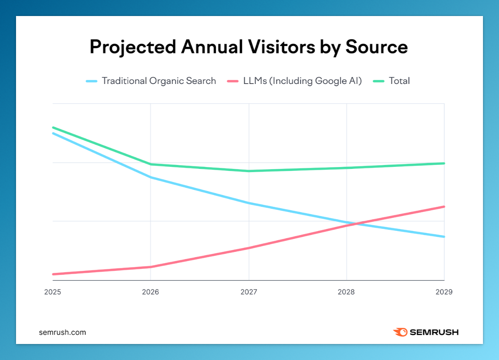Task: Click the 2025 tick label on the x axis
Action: pyautogui.click(x=53, y=292)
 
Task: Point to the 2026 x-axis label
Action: pyautogui.click(x=151, y=292)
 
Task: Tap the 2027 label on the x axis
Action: pyautogui.click(x=249, y=292)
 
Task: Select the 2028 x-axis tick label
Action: pyautogui.click(x=346, y=292)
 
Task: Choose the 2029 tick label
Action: pyautogui.click(x=444, y=292)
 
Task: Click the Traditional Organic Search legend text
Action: pyautogui.click(x=159, y=81)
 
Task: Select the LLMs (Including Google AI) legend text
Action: pyautogui.click(x=302, y=81)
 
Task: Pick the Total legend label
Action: pyautogui.click(x=399, y=81)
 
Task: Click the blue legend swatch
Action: pyautogui.click(x=91, y=81)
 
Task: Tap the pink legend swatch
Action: pyautogui.click(x=232, y=81)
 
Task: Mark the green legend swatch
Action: pyautogui.click(x=378, y=81)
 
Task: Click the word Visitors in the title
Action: pyautogui.click(x=281, y=47)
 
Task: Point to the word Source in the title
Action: pyautogui.click(x=376, y=47)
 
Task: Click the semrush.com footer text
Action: pyautogui.click(x=62, y=332)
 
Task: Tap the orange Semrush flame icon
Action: pyautogui.click(x=400, y=332)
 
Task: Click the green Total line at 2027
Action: pyautogui.click(x=249, y=171)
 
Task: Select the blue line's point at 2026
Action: pyautogui.click(x=151, y=177)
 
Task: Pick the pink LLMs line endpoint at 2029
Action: pyautogui.click(x=444, y=207)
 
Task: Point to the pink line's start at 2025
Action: pyautogui.click(x=53, y=274)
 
